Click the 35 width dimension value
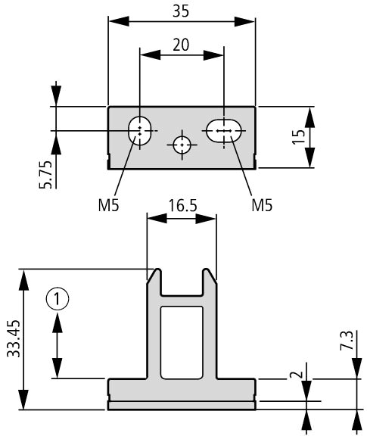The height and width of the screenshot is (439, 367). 181,11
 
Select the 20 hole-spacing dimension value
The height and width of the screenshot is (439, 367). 181,45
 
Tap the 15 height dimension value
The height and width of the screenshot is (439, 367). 299,137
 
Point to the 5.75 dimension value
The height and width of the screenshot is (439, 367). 45,174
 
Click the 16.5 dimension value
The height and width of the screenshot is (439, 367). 182,206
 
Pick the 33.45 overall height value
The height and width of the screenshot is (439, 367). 14,338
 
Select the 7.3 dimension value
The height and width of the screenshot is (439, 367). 347,340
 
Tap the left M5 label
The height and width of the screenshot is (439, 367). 109,205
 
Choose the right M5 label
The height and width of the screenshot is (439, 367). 262,205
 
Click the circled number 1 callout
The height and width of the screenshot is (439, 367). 58,299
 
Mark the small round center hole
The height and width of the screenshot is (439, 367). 182,145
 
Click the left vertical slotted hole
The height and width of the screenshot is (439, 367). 140,130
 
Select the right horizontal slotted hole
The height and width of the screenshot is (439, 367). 224,131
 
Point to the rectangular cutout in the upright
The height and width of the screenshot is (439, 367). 182,343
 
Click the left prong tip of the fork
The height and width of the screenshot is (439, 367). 157,269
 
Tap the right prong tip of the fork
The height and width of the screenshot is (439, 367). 207,269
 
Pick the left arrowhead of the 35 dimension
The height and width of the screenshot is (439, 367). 119,21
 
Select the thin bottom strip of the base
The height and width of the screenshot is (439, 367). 182,406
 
